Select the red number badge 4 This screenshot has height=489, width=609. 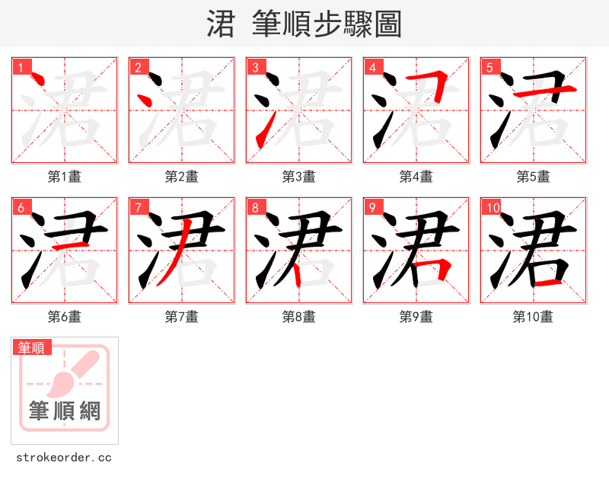point(372,67)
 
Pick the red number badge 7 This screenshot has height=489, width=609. point(138,207)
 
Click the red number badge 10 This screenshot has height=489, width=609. point(492,207)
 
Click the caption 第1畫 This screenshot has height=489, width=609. point(65,177)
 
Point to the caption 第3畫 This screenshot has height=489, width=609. point(299,177)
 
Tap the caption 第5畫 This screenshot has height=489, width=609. point(534,177)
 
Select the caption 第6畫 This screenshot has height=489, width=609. point(65,317)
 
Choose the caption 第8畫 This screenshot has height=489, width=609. point(299,317)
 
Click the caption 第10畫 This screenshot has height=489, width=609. point(534,317)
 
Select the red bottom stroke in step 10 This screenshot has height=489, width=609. point(550,283)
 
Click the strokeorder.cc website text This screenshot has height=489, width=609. point(64,458)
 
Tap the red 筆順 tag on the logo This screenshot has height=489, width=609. point(32,347)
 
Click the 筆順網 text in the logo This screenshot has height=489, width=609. point(65,411)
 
